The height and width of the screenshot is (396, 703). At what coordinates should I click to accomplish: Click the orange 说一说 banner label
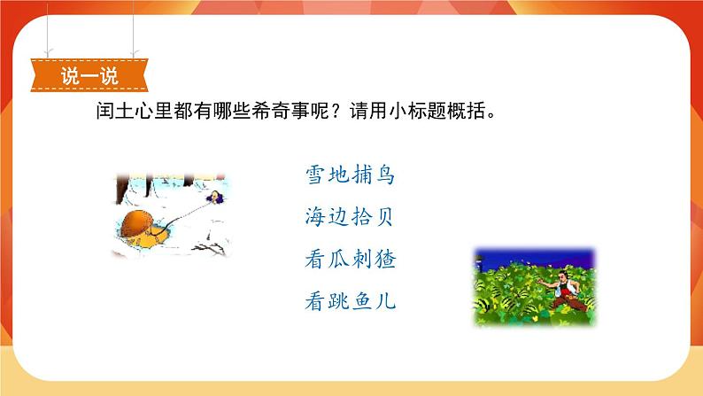coord(89,75)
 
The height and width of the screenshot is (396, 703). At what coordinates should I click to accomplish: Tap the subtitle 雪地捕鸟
coord(350,175)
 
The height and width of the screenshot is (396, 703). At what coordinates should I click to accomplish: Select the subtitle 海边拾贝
coord(349,217)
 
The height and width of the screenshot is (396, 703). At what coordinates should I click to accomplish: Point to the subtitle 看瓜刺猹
coord(350,260)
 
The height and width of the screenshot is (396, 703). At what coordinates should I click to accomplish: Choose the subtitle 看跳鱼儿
coord(350,301)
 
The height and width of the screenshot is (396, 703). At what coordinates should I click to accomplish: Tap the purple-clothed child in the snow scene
coord(215,197)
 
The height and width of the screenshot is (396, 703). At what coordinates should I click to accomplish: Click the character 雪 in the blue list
coord(315,175)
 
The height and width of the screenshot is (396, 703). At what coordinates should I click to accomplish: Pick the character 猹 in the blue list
coord(385,260)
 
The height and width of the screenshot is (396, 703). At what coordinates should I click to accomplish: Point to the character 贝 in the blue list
coord(383,217)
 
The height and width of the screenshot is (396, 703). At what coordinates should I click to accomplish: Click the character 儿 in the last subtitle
coord(385,301)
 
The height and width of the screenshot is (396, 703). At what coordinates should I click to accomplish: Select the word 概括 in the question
coord(466,111)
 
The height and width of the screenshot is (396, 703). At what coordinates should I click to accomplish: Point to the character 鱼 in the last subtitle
coord(362,301)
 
